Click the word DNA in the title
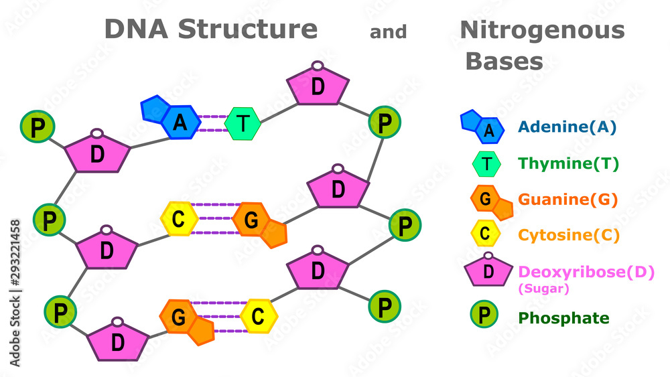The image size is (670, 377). pyautogui.click(x=136, y=29)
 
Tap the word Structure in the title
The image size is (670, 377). pyautogui.click(x=248, y=29)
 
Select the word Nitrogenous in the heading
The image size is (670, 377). pyautogui.click(x=542, y=31)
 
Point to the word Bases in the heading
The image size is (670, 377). pyautogui.click(x=505, y=62)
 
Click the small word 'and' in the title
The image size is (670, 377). pyautogui.click(x=388, y=32)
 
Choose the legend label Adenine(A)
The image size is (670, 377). pyautogui.click(x=567, y=127)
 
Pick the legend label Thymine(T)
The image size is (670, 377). pyautogui.click(x=568, y=163)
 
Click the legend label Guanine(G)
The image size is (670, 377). pyautogui.click(x=568, y=200)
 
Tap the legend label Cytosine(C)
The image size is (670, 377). pyautogui.click(x=569, y=235)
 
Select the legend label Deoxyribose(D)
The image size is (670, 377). pyautogui.click(x=586, y=272)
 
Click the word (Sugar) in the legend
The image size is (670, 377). pyautogui.click(x=543, y=289)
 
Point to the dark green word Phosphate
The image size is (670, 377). pyautogui.click(x=563, y=318)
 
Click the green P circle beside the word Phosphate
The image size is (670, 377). pyautogui.click(x=484, y=314)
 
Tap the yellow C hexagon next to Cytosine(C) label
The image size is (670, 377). pyautogui.click(x=485, y=234)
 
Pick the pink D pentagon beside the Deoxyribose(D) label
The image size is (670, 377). pyautogui.click(x=488, y=269)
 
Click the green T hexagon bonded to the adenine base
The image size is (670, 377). pyautogui.click(x=243, y=123)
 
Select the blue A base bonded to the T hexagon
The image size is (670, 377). pyautogui.click(x=171, y=117)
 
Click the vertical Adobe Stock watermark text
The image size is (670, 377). pyautogui.click(x=15, y=293)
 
